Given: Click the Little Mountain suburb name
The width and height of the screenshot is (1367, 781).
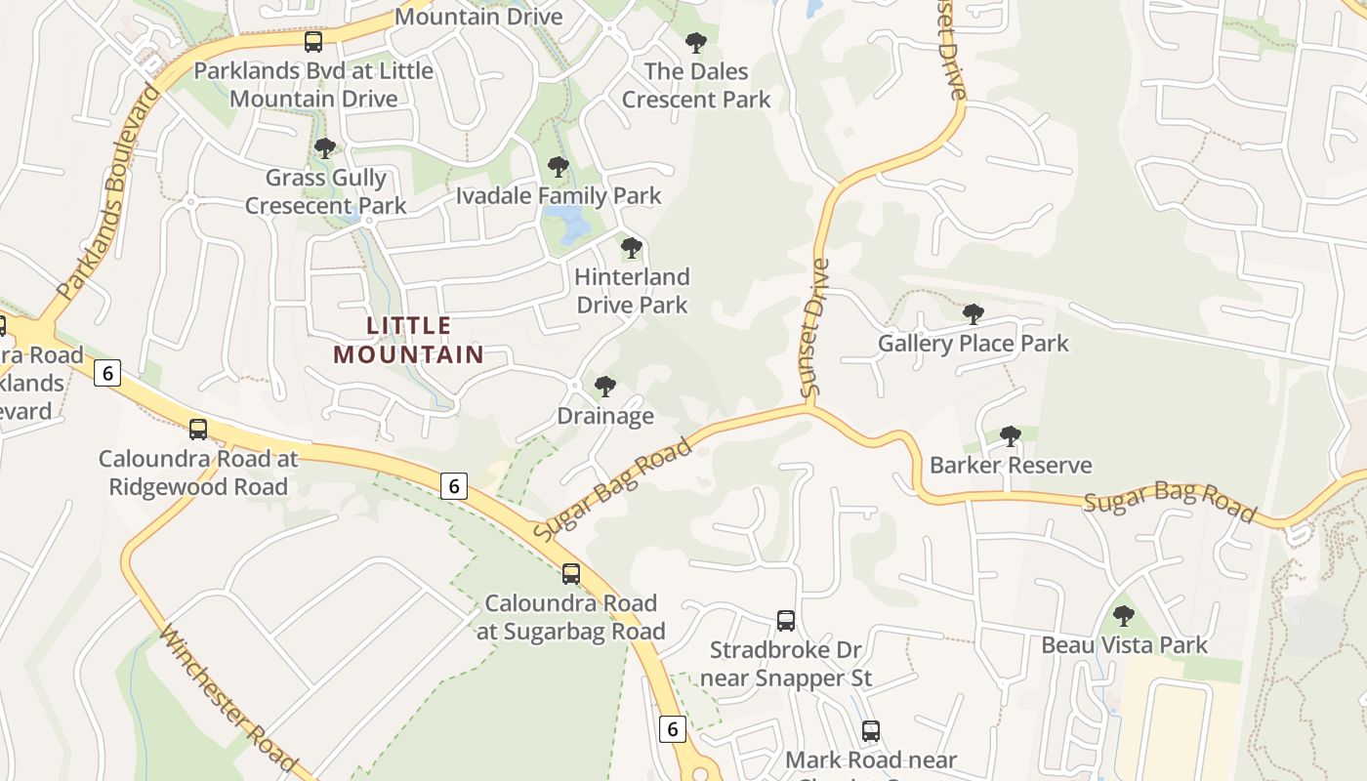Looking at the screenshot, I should [x=409, y=340].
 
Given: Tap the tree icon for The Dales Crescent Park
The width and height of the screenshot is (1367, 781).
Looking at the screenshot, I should [x=695, y=42].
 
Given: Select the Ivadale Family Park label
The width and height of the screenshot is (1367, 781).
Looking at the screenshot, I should [x=559, y=195].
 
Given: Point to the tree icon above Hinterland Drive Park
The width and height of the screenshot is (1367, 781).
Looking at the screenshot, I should [x=632, y=248].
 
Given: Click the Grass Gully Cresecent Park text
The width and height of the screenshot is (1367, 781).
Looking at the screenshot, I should [x=326, y=191].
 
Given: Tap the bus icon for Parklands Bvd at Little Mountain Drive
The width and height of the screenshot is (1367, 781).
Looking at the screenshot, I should [x=312, y=42].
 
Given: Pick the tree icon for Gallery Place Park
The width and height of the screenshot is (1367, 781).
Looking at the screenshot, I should [x=973, y=313].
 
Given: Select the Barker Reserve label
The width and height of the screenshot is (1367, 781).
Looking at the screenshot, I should [x=1011, y=465].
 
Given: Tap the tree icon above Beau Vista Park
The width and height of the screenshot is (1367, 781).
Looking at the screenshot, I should [x=1124, y=616].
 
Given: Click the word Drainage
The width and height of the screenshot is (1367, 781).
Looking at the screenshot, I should [x=605, y=416].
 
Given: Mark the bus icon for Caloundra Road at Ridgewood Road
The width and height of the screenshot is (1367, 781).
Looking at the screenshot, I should [x=198, y=429].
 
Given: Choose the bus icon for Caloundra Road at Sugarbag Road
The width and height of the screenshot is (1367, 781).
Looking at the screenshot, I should [x=571, y=574].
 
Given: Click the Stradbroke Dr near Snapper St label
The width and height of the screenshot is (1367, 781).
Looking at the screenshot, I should [x=785, y=664].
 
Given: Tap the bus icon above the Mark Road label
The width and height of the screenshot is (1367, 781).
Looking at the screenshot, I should [x=870, y=730].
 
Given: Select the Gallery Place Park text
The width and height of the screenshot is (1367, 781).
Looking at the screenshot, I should [x=973, y=344].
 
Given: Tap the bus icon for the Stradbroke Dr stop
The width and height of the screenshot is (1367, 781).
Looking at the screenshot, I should [x=785, y=620].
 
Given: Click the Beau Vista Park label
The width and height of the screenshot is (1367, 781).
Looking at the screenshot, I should [x=1124, y=645].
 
